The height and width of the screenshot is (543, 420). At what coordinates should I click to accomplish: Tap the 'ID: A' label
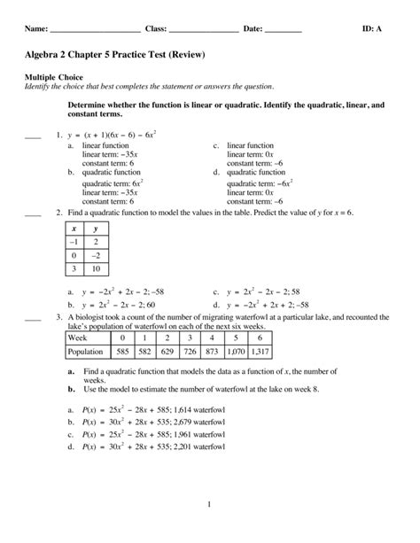(373, 29)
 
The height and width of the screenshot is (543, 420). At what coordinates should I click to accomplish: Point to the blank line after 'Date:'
(283, 31)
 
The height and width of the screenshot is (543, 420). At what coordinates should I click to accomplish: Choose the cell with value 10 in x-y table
(95, 269)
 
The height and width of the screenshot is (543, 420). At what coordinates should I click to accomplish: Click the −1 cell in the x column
(75, 240)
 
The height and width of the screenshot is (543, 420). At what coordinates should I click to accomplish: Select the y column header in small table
(95, 227)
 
